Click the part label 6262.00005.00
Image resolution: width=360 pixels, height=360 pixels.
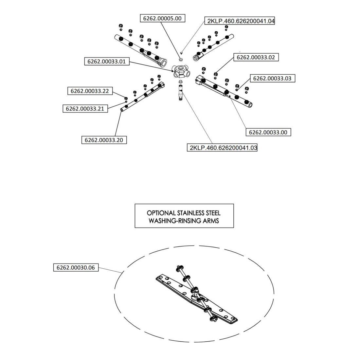click(162, 19)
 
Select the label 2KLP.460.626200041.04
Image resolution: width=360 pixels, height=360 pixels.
click(240, 21)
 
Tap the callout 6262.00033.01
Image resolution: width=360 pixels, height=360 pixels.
click(107, 61)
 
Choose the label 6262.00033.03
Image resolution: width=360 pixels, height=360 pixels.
click(272, 79)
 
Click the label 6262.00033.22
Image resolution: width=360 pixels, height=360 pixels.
click(90, 91)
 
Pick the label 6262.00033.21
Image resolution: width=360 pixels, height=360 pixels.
click(85, 109)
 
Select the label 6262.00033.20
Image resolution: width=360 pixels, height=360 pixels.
click(104, 140)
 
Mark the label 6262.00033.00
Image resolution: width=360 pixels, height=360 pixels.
click(268, 132)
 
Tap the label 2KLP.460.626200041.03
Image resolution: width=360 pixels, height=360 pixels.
click(222, 148)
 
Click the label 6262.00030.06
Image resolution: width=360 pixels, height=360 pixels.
click(76, 268)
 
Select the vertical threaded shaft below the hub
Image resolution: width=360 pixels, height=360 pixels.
click(181, 93)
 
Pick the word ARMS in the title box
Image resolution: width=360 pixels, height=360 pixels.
click(211, 221)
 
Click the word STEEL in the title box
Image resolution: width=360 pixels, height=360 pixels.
click(212, 213)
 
